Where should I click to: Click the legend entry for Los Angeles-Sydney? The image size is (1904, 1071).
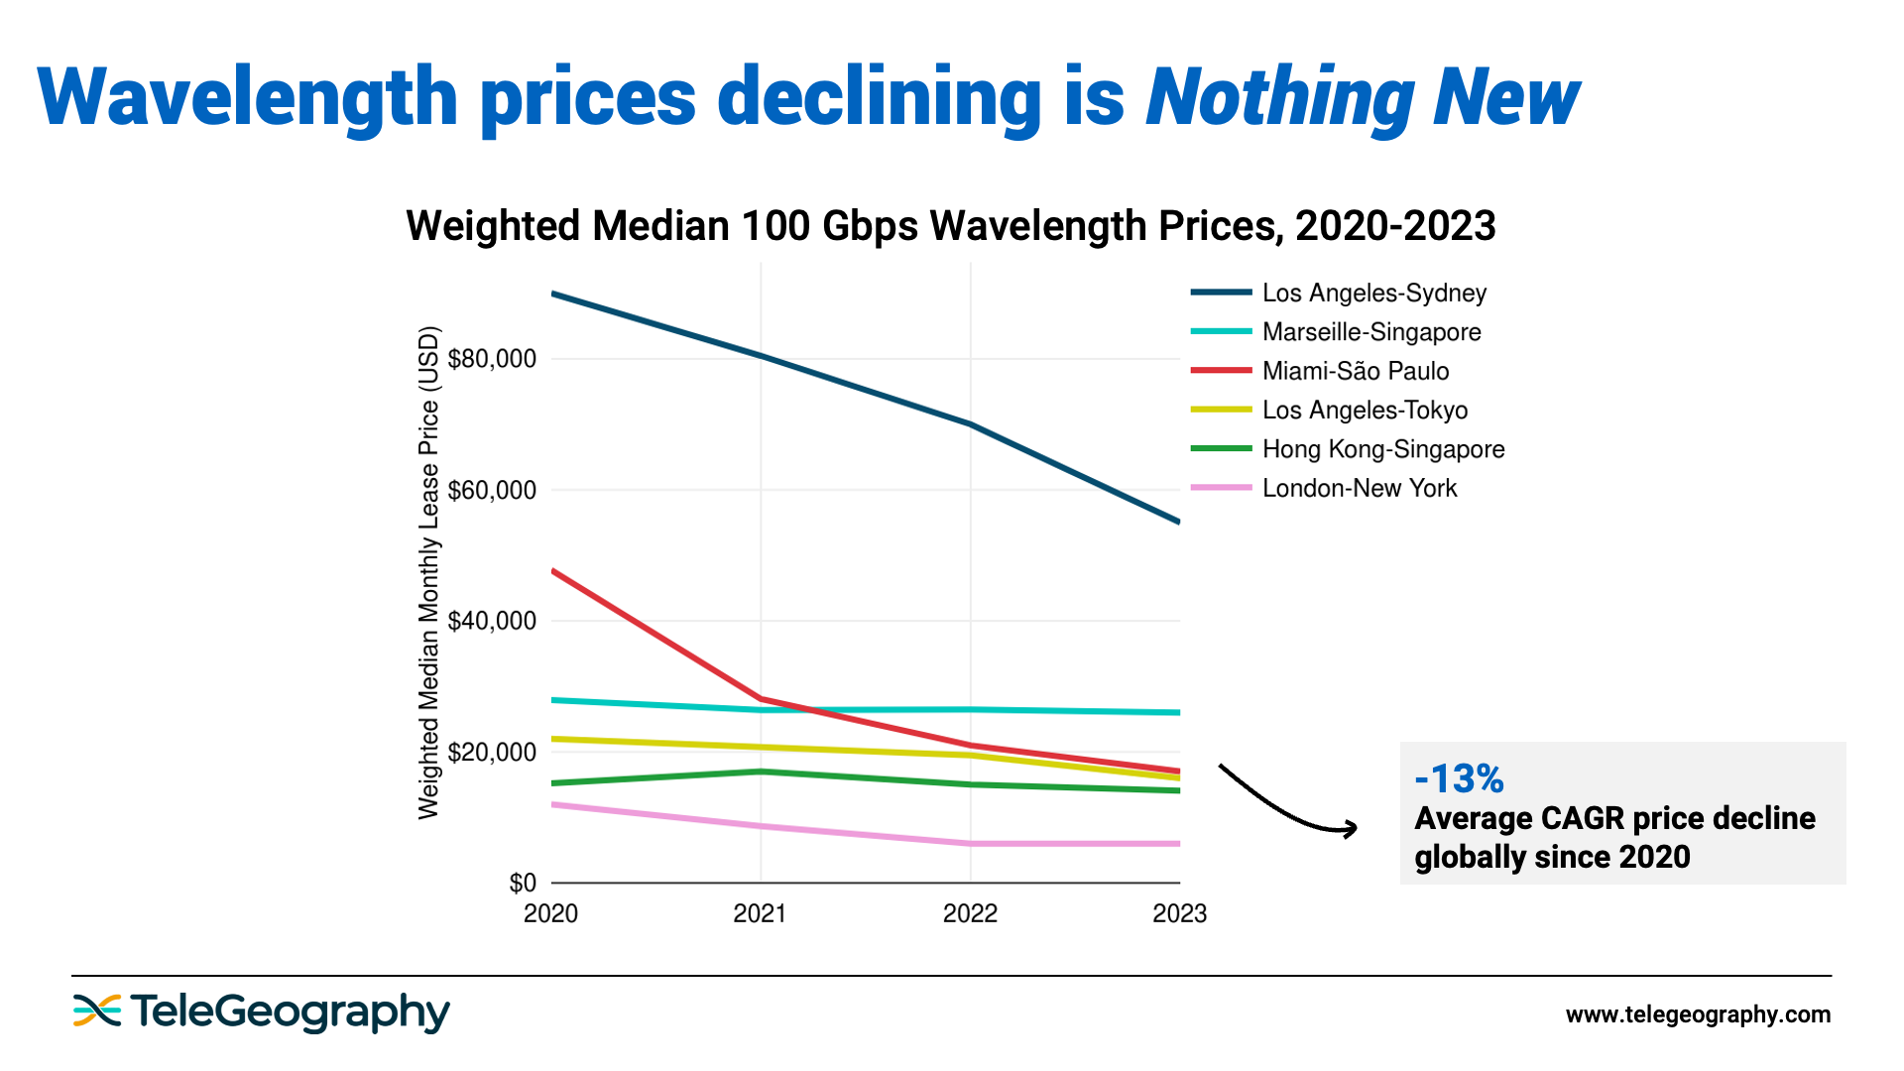(x=1373, y=293)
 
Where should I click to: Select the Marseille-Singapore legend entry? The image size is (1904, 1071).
(x=1370, y=332)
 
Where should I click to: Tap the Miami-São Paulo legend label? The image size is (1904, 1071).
(x=1355, y=371)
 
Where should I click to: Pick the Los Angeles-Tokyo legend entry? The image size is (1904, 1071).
(x=1364, y=411)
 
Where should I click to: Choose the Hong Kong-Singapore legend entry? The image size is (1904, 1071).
(x=1382, y=449)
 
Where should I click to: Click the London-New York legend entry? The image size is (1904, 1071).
(x=1359, y=488)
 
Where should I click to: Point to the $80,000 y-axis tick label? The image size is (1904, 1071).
(x=492, y=359)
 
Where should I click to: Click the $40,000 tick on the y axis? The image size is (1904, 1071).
(x=492, y=622)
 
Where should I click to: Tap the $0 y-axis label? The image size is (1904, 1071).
(x=522, y=883)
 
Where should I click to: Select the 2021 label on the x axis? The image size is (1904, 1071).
(x=760, y=913)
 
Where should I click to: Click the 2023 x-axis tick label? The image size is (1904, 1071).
(x=1179, y=913)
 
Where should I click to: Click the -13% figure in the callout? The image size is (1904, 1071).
(x=1459, y=779)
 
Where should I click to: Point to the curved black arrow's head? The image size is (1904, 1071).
(x=1351, y=828)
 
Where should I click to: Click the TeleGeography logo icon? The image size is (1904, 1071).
(x=97, y=1011)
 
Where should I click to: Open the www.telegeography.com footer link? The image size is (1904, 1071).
(x=1698, y=1014)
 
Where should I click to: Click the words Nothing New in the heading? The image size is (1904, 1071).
(x=1362, y=97)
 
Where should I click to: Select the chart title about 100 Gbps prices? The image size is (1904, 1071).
(x=950, y=226)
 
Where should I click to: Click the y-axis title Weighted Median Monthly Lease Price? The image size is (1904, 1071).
(x=428, y=572)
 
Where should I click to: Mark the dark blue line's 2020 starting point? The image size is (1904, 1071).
(x=552, y=294)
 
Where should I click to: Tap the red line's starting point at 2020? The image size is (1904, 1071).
(x=552, y=571)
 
